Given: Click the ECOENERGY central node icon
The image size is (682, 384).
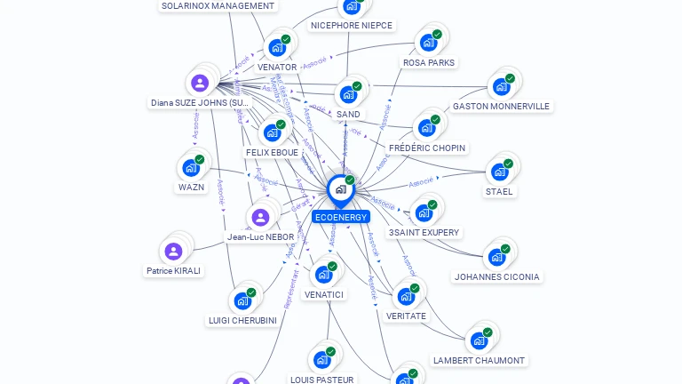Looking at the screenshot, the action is [340, 189].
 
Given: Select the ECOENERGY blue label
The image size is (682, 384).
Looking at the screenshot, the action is [341, 217].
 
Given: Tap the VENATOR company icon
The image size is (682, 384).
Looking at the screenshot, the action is [277, 47].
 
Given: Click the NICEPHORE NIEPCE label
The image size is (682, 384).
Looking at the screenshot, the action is [352, 26].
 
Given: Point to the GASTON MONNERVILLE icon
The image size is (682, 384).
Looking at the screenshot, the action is [501, 86].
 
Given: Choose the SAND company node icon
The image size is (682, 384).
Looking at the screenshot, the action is [348, 94].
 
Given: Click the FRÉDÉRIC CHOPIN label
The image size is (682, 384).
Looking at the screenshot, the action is [427, 148].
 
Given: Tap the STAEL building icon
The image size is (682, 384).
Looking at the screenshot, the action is [499, 172].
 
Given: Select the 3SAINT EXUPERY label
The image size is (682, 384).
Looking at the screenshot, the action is [424, 233].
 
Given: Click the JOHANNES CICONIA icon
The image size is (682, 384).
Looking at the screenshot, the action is [496, 257].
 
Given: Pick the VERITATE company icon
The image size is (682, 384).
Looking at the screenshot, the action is [406, 296].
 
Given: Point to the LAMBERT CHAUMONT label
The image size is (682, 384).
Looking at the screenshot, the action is [479, 361].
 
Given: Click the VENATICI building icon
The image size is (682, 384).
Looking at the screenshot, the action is [323, 274].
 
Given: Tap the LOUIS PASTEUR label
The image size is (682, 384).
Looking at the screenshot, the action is [322, 380].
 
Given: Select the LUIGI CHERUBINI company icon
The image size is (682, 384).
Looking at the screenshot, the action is [242, 300].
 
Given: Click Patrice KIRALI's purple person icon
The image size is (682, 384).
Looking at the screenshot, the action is [174, 252].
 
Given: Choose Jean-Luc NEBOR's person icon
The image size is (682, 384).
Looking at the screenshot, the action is [260, 218].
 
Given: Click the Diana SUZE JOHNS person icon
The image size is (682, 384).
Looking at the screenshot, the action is [200, 84].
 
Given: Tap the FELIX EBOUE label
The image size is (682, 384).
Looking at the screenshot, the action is [272, 153].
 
